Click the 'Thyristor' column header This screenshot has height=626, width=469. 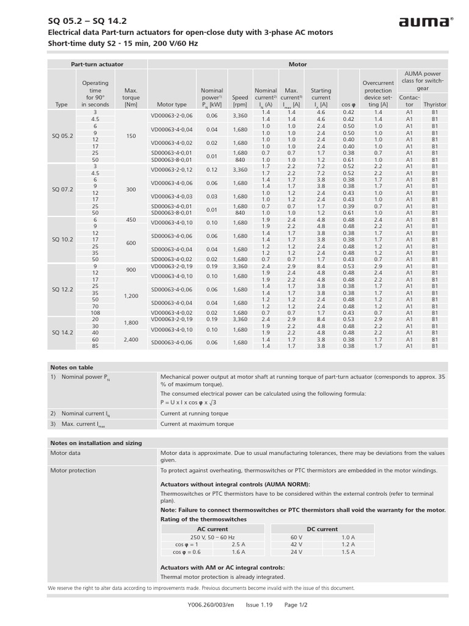(x=435, y=105)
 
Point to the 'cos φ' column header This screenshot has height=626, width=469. (x=348, y=105)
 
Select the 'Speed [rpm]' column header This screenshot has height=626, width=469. (x=240, y=101)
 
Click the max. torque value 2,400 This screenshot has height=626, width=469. (x=131, y=339)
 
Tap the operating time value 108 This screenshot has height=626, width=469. (x=95, y=312)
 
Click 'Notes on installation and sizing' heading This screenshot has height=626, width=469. (x=96, y=443)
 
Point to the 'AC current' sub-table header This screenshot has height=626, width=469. (x=212, y=529)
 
